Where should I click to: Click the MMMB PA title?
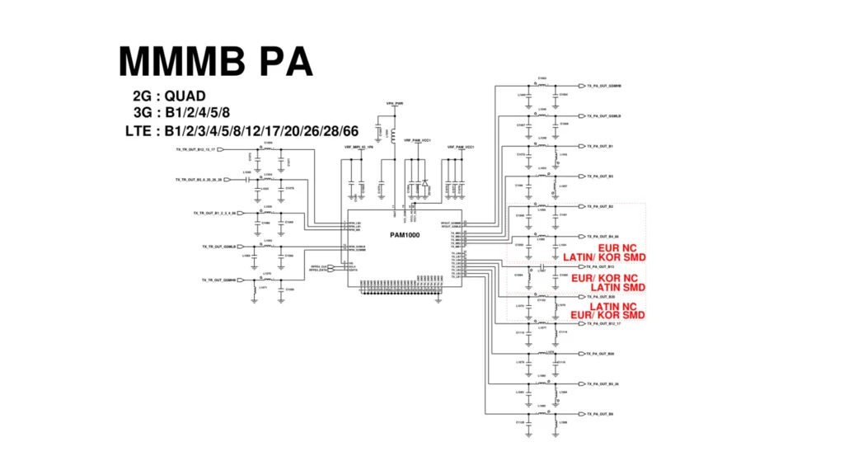pos(215,63)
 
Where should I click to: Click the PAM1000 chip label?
pos(405,235)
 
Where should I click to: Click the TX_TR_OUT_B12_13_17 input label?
pos(195,150)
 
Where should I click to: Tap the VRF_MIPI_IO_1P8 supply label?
pos(359,146)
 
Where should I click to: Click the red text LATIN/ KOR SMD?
pos(604,257)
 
